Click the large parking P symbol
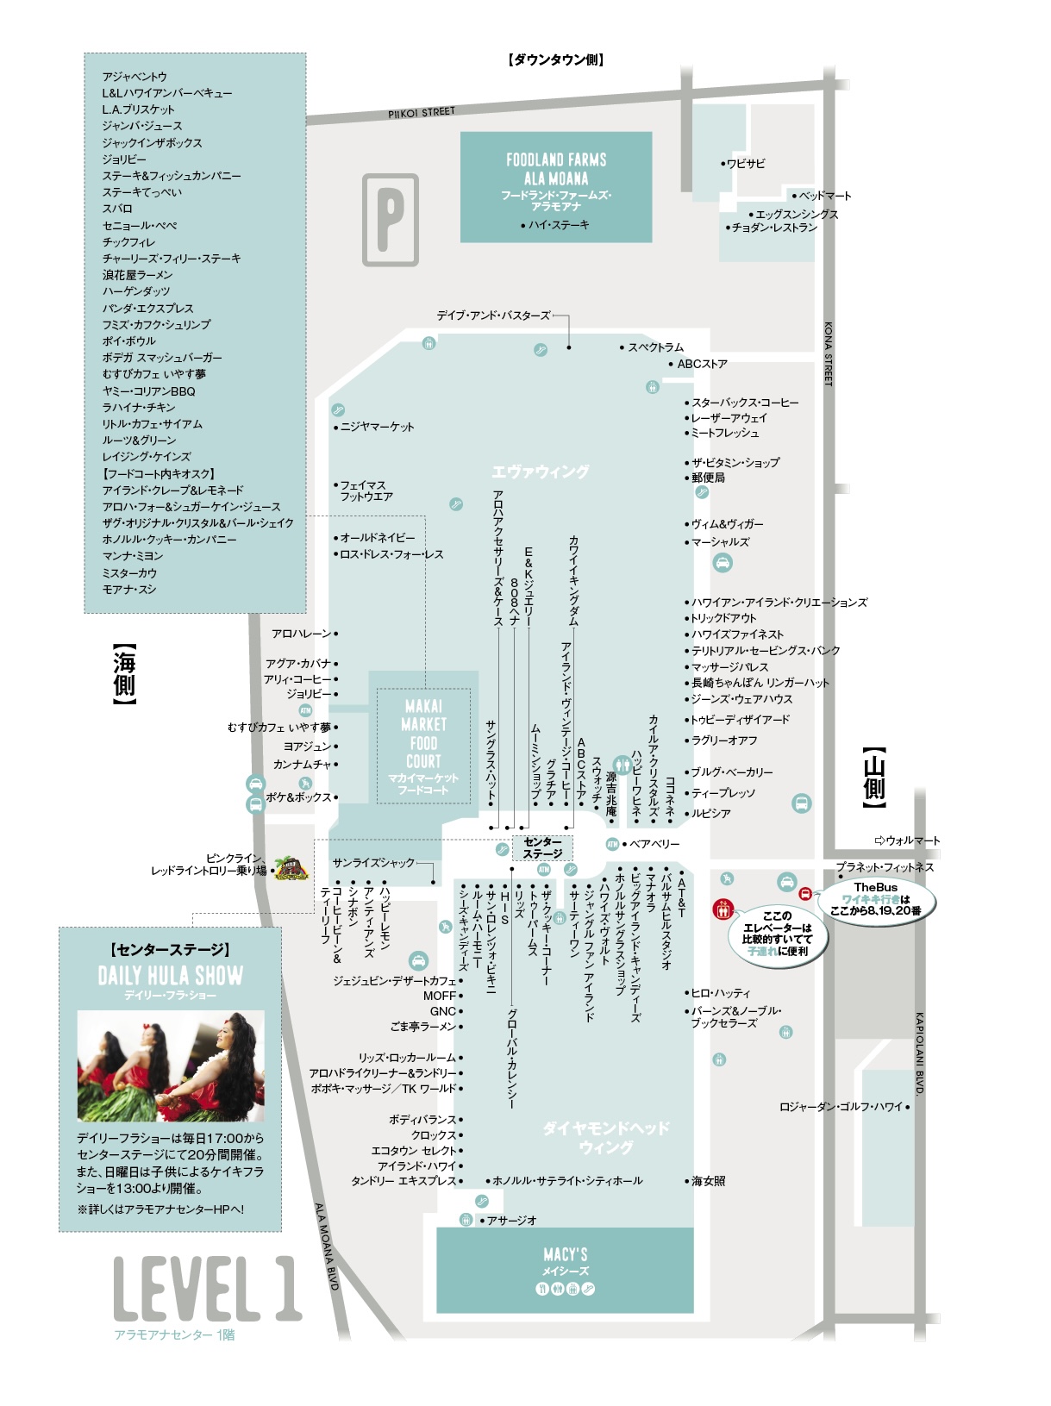coord(390,219)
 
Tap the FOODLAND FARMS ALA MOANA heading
coord(556,168)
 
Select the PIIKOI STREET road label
coord(422,112)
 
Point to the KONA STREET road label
coord(828,353)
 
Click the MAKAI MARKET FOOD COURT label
coord(423,734)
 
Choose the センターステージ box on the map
coord(541,847)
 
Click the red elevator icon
coord(723,909)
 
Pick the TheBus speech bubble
coord(875,899)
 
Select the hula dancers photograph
coord(171,1065)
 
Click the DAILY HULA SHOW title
coord(171,976)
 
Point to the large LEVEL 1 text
coord(207,1288)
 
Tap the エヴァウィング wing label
coord(540,472)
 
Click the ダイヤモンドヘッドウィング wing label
coord(606,1138)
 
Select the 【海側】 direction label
coord(123,674)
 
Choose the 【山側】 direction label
coord(874,777)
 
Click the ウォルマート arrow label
coord(908,840)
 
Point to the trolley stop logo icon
coord(291,869)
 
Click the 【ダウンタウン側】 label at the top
coord(556,59)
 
